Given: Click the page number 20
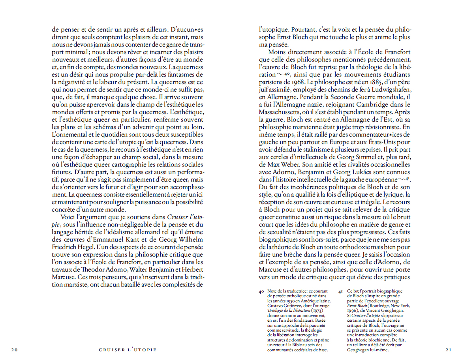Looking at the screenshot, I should coord(14,350).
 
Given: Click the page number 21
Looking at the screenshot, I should coord(448,350).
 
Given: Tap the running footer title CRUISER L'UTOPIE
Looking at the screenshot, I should coord(128,350).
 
